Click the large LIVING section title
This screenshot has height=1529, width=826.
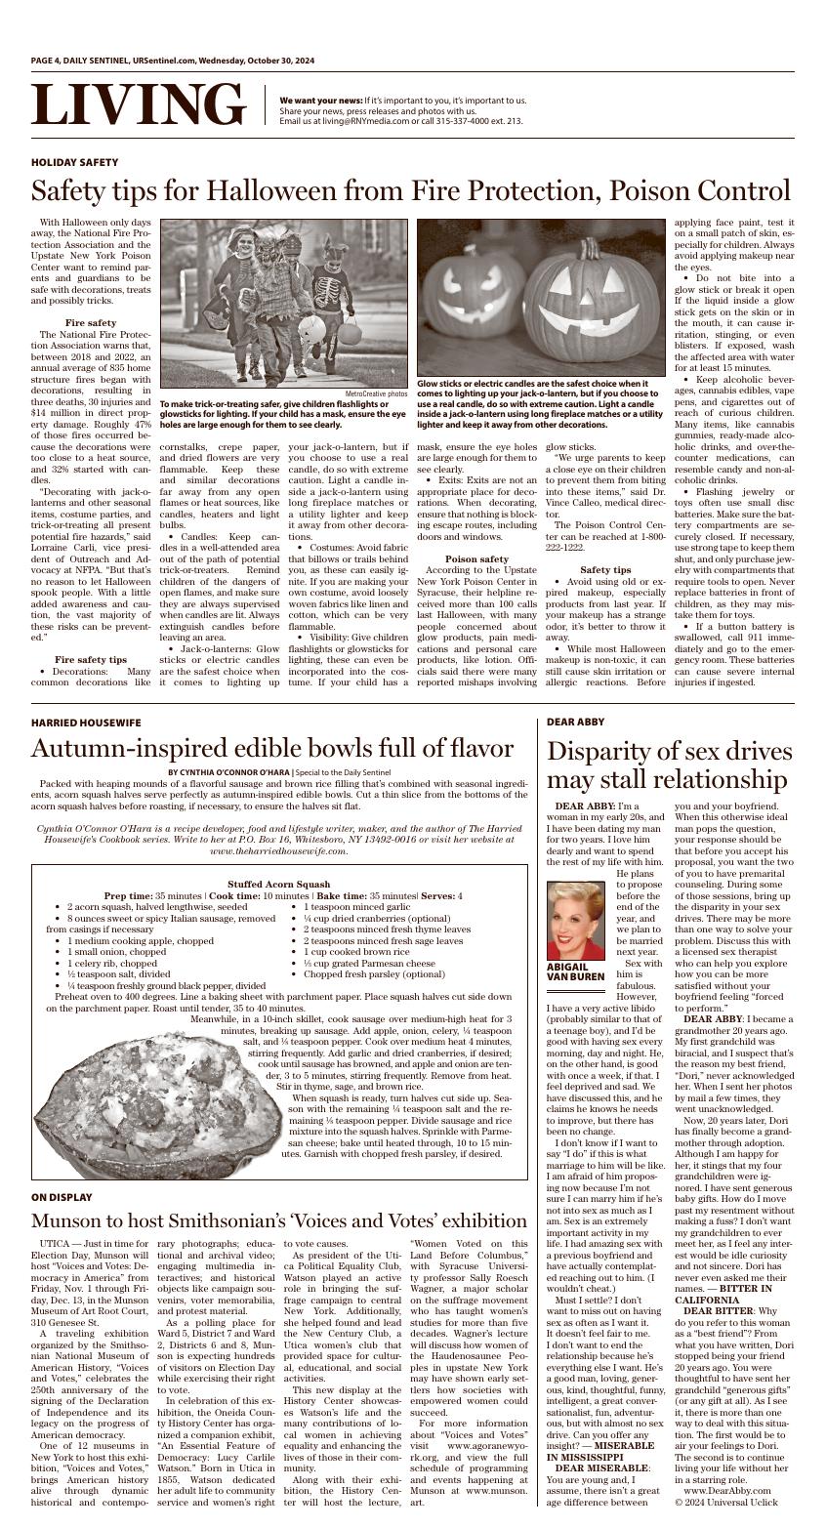pyautogui.click(x=138, y=104)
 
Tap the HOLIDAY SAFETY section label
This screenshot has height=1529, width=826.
pyautogui.click(x=74, y=162)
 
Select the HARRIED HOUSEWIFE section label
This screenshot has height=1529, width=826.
pyautogui.click(x=86, y=723)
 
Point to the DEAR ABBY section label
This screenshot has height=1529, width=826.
pyautogui.click(x=575, y=722)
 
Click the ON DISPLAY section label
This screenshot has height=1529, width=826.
pyautogui.click(x=62, y=1197)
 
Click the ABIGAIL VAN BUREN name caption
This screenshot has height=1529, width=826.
pyautogui.click(x=575, y=972)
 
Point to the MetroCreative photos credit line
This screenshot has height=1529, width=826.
pyautogui.click(x=376, y=393)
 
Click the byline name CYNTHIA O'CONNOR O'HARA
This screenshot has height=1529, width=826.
pyautogui.click(x=228, y=772)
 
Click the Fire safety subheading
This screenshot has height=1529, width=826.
pyautogui.click(x=91, y=323)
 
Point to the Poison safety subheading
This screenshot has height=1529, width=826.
pyautogui.click(x=476, y=559)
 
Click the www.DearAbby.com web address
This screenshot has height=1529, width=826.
pyautogui.click(x=726, y=1491)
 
